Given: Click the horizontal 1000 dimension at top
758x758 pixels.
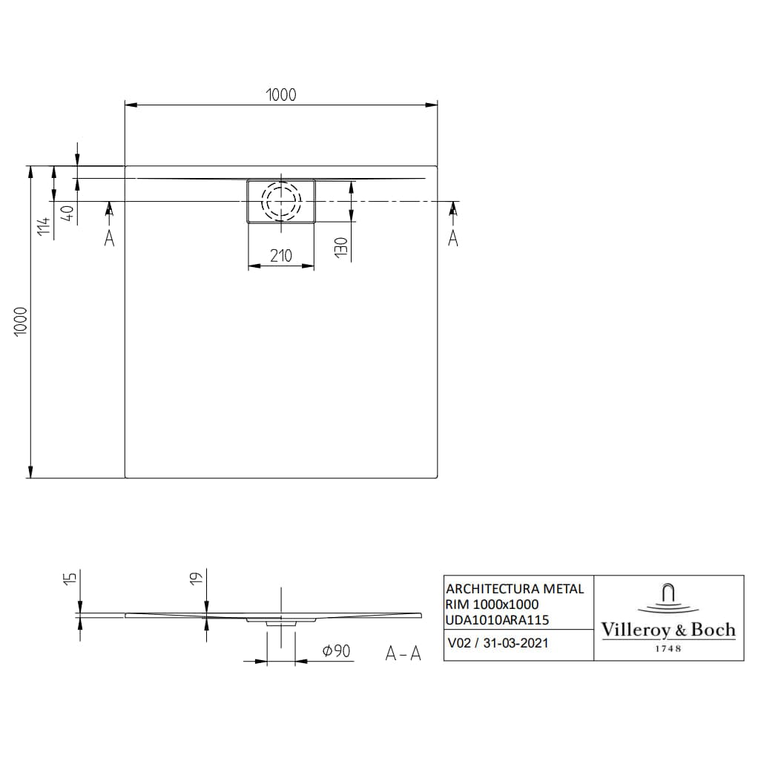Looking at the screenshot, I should click(x=280, y=94).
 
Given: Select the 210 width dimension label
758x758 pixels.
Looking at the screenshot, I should click(x=280, y=256).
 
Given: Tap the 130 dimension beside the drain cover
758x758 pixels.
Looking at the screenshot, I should click(x=339, y=247).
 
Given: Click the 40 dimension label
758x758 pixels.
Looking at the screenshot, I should click(x=66, y=214).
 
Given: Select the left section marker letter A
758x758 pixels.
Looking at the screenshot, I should click(x=109, y=239).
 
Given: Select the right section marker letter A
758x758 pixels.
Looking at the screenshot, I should click(x=453, y=239).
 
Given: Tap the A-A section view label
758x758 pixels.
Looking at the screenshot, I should click(x=403, y=653).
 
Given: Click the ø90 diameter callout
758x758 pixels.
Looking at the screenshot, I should click(x=336, y=651).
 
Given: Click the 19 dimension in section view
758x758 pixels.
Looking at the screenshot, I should click(x=194, y=579).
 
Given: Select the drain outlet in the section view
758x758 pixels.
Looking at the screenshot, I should click(x=281, y=622).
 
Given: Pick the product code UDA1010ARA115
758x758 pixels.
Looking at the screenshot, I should click(x=498, y=619).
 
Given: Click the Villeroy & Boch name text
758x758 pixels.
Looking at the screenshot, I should click(x=668, y=630).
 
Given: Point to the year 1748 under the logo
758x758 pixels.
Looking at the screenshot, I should click(x=668, y=648).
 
